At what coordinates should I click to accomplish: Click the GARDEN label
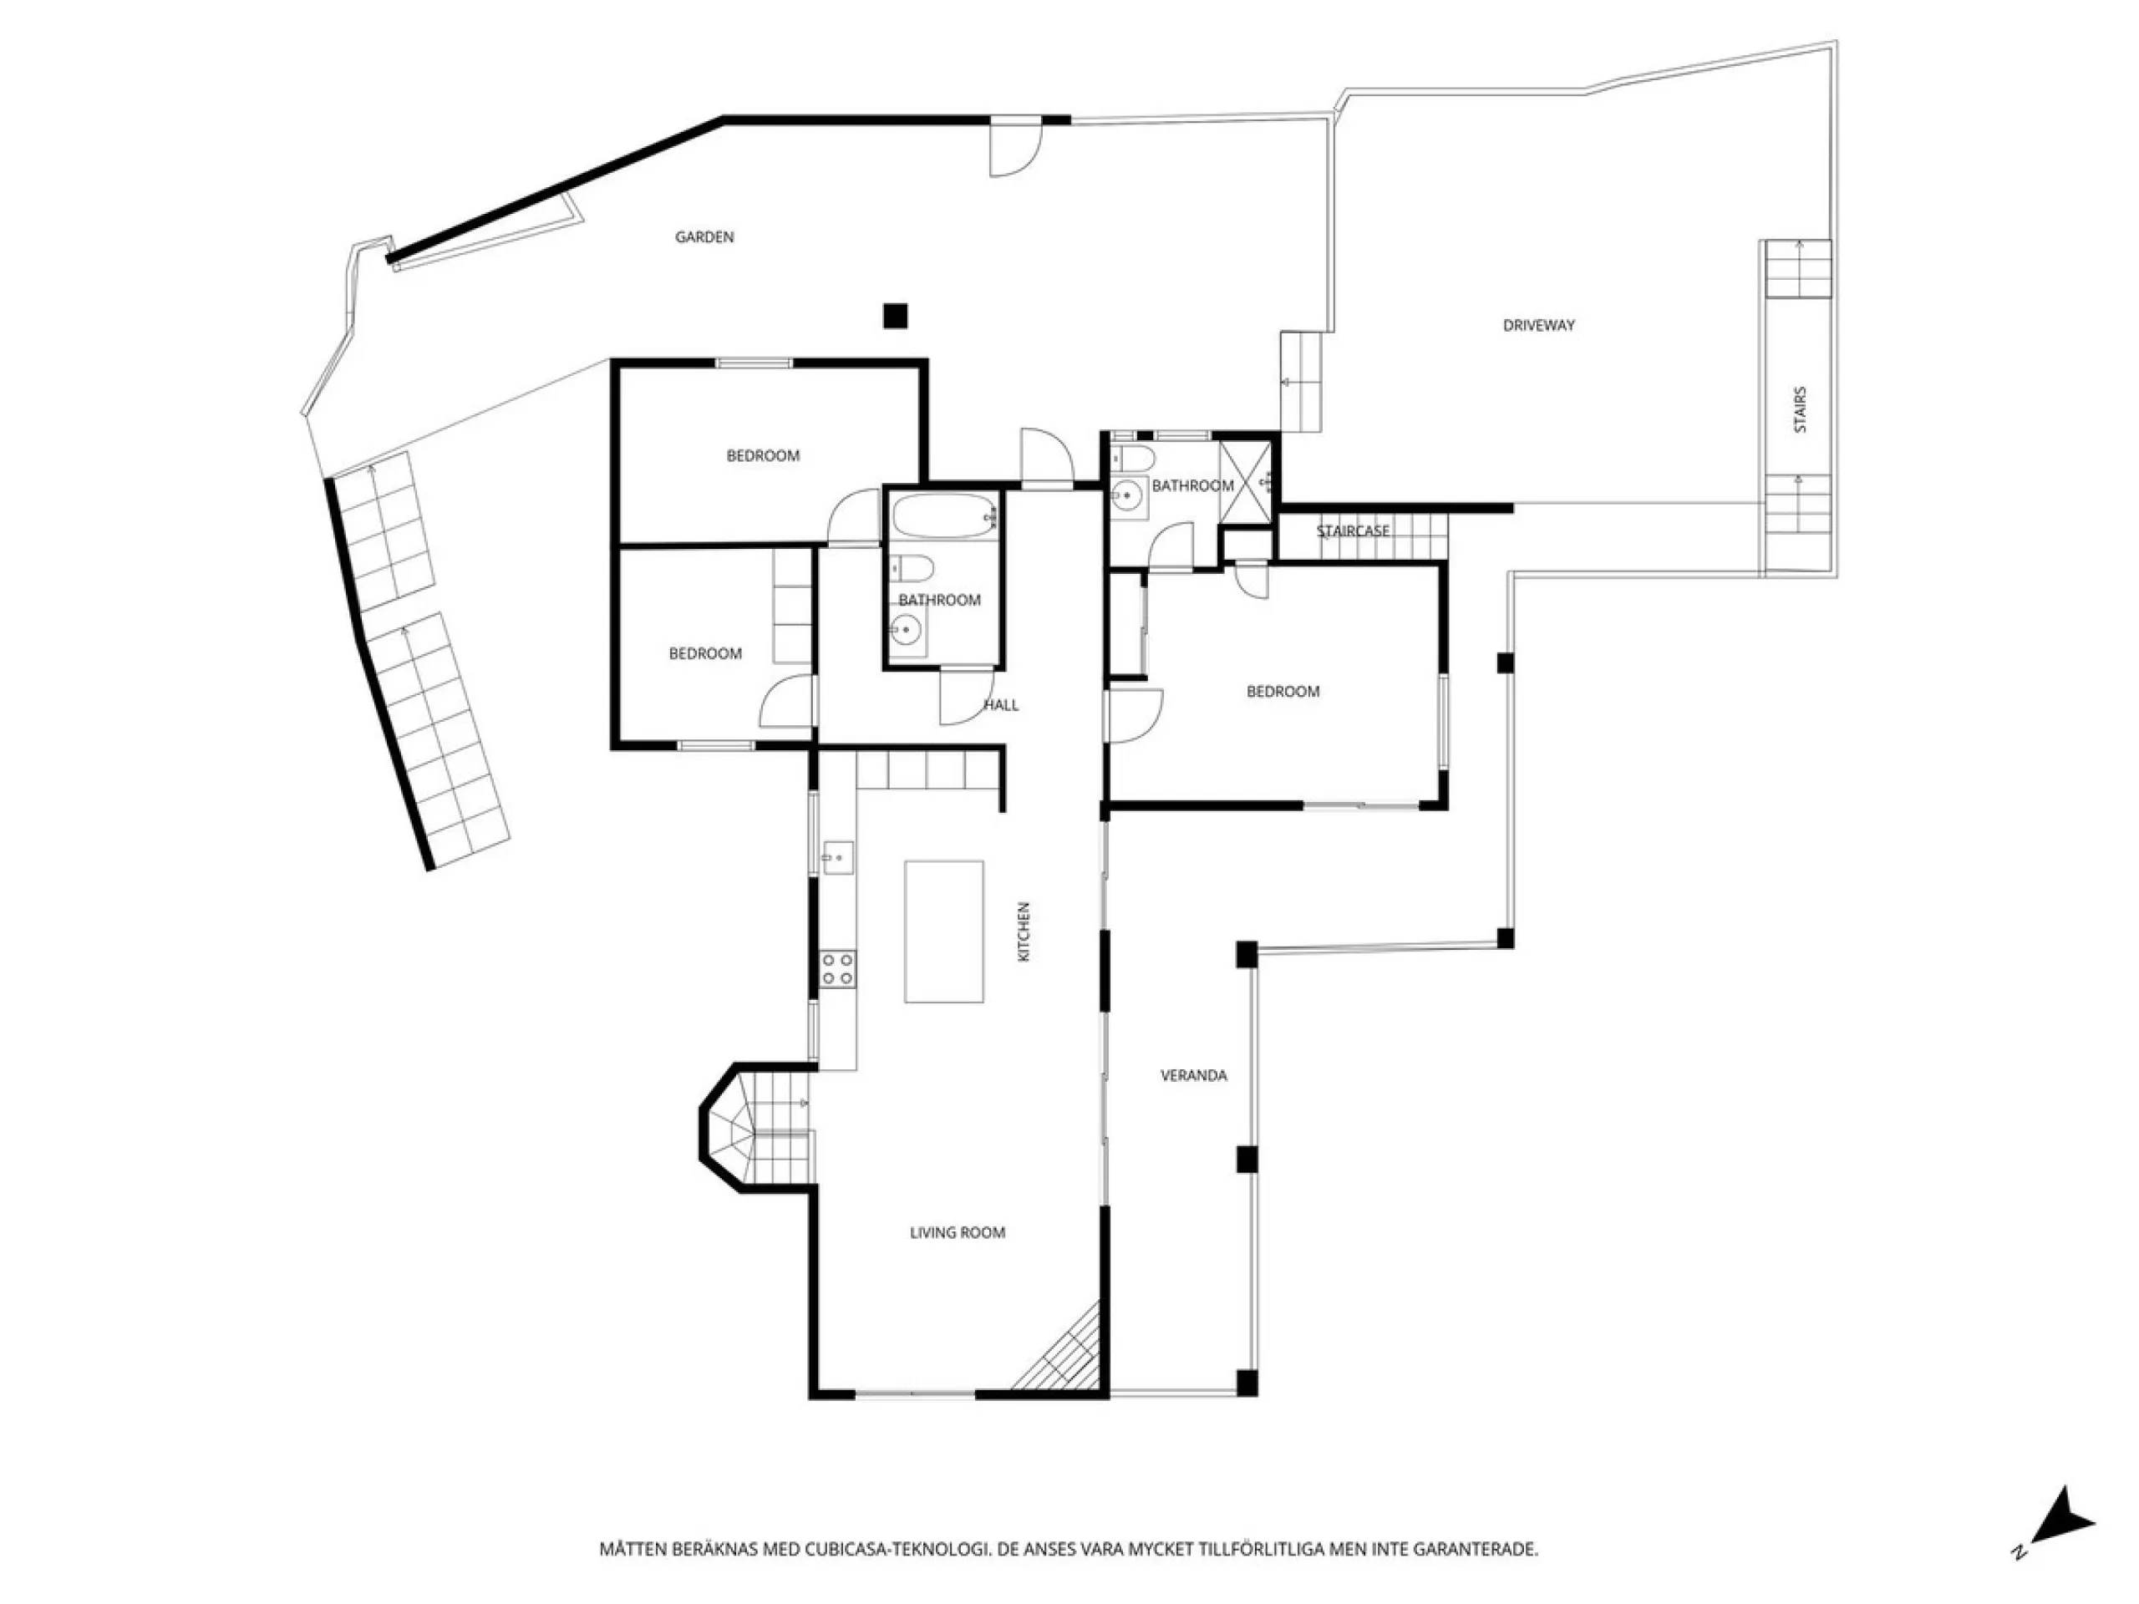(704, 237)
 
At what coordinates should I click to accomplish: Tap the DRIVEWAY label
(1538, 326)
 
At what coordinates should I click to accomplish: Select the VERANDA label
(1193, 1075)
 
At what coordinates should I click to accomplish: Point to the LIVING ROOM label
(958, 1233)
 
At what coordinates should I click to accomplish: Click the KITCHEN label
(1024, 931)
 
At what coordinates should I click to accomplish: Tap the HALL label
(1001, 705)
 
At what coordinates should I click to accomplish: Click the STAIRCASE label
(1353, 530)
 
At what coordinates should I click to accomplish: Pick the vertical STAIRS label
(1800, 409)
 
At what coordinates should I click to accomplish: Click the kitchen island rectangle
(944, 931)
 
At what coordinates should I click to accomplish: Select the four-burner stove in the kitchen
(837, 969)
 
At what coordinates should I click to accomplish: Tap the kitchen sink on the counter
(837, 856)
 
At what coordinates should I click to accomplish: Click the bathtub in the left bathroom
(945, 517)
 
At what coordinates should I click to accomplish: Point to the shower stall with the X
(1246, 480)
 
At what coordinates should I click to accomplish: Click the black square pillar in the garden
(896, 315)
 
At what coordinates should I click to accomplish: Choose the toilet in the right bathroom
(1131, 456)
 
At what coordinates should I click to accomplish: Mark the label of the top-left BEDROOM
(763, 455)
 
